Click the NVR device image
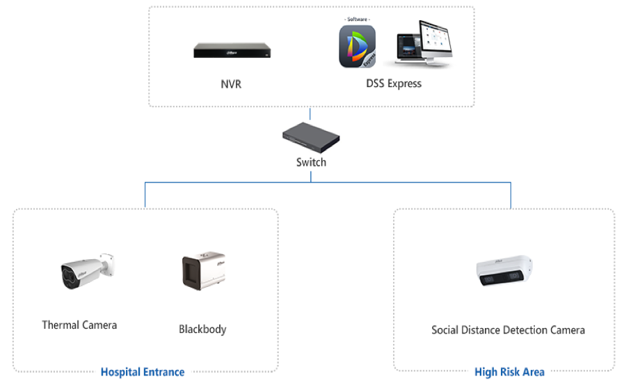(232, 50)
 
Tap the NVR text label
(231, 84)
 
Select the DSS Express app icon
(357, 47)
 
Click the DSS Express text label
(394, 84)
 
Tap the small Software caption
(357, 19)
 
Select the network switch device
(311, 137)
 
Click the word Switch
(311, 162)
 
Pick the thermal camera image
(88, 271)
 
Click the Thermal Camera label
(79, 325)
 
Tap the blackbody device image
(204, 270)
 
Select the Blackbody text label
(202, 329)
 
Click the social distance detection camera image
(504, 270)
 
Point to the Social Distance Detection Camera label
(509, 330)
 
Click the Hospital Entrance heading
(143, 372)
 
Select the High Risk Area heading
(509, 372)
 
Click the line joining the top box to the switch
(310, 114)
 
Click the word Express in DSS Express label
(404, 84)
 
